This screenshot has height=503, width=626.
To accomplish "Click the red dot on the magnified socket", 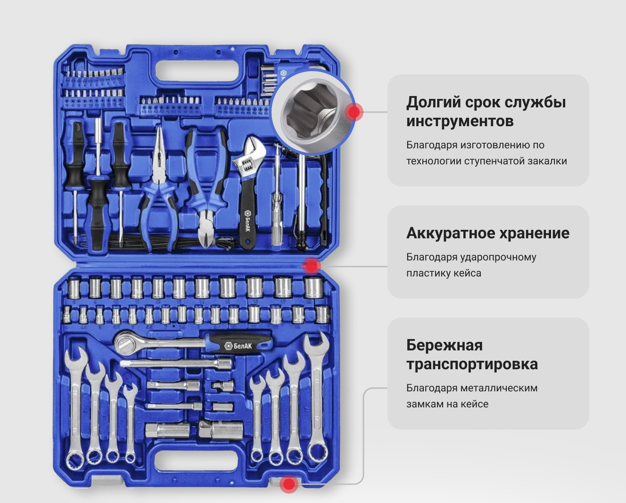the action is [354, 112].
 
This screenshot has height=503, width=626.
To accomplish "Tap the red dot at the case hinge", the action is [312, 266].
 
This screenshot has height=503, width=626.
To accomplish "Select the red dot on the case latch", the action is [289, 484].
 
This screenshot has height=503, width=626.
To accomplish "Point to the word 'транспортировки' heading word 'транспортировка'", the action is [472, 364].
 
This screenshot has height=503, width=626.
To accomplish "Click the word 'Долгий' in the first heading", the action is [433, 102].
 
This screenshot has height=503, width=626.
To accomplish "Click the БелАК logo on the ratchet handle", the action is [239, 346].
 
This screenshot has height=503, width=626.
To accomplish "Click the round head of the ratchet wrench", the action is [124, 343].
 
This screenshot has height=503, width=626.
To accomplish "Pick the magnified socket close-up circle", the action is [312, 113].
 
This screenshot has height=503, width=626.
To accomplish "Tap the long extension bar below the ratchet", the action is [176, 363].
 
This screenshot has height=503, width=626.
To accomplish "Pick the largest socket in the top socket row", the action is [313, 288].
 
